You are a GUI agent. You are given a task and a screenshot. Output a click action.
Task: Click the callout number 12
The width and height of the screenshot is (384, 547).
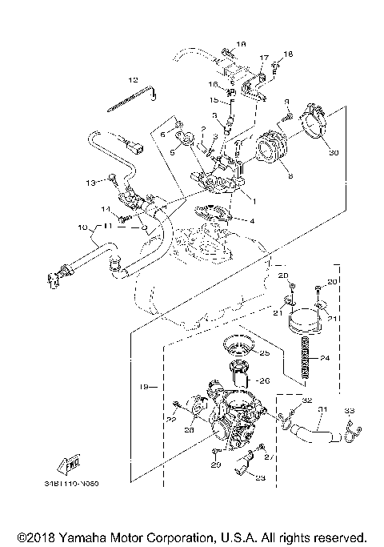133,80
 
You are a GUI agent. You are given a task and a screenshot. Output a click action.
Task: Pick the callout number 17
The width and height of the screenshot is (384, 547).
262,58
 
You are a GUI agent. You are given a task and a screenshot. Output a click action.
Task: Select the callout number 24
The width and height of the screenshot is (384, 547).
324,359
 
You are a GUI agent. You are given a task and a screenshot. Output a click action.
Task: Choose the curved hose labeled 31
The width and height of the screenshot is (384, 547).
314,433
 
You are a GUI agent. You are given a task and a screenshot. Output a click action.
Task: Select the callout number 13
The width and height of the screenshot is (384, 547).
90,183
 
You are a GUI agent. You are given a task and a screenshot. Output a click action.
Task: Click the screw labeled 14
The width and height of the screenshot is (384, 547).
122,216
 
